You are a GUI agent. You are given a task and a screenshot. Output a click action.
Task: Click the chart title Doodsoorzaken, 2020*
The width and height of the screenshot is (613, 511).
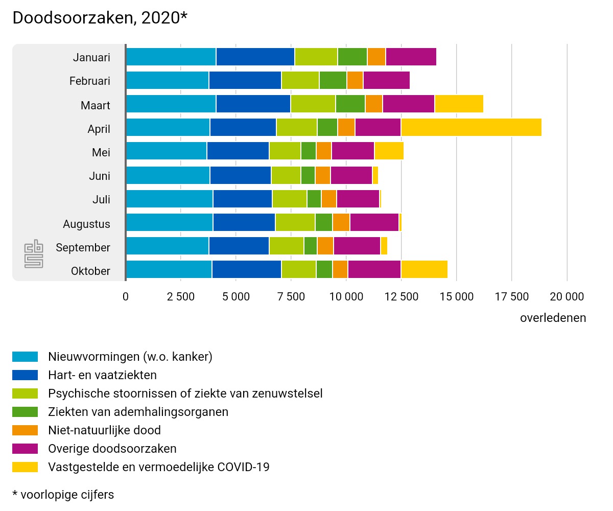pos(100,18)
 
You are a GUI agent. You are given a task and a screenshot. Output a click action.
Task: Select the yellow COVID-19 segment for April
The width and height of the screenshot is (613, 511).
pos(471,127)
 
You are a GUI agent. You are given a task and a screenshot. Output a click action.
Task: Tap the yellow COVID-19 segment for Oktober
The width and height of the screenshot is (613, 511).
pos(424,269)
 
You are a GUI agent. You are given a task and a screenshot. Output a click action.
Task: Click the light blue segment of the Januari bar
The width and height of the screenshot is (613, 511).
pos(171,56)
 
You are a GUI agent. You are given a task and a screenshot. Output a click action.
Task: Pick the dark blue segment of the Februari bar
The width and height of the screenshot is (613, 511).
pos(245,80)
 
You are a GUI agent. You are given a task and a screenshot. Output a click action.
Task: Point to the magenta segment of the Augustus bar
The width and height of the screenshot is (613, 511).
pos(374,222)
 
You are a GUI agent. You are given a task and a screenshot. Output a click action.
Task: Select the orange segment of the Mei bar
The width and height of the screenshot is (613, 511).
pos(323,151)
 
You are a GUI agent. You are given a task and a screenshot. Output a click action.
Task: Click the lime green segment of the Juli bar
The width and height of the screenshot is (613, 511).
pos(289,198)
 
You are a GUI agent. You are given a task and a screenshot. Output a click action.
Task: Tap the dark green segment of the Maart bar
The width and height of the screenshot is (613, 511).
pos(350,104)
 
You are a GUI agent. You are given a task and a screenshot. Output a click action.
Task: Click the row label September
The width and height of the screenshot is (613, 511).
pos(83,248)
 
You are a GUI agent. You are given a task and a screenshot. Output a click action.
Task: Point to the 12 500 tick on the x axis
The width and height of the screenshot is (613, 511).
pos(401,296)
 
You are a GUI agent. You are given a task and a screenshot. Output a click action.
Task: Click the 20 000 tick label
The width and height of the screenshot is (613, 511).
pos(567,296)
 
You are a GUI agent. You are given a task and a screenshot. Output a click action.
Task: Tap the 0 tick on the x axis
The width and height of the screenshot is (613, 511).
pos(126,296)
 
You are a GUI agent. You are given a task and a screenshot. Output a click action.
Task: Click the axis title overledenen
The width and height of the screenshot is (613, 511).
pos(553,318)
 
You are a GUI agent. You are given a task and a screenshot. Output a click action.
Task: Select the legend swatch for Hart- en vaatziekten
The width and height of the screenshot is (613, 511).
pos(25,375)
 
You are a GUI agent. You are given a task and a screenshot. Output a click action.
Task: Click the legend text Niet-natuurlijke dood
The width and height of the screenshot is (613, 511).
pos(104,430)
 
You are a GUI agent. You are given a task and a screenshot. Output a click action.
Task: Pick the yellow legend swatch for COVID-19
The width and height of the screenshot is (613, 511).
pos(25,467)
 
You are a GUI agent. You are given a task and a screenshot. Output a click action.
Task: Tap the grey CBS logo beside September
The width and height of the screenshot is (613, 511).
pos(34,253)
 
